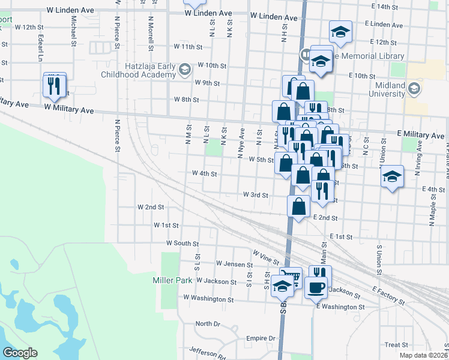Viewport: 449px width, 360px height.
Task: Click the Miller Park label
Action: (x=173, y=280)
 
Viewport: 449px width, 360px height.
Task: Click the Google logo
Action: (x=20, y=352)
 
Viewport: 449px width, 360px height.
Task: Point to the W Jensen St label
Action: (x=217, y=264)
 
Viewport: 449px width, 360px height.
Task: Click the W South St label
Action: (x=182, y=244)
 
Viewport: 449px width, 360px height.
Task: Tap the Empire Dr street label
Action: (x=261, y=338)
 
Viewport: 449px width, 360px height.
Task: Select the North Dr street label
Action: (x=208, y=323)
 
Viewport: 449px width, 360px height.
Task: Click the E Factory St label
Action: (x=392, y=292)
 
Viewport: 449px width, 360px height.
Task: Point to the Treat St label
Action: (x=396, y=345)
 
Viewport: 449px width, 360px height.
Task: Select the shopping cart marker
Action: (x=291, y=277)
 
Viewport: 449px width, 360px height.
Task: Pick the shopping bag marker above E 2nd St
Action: (x=298, y=206)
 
